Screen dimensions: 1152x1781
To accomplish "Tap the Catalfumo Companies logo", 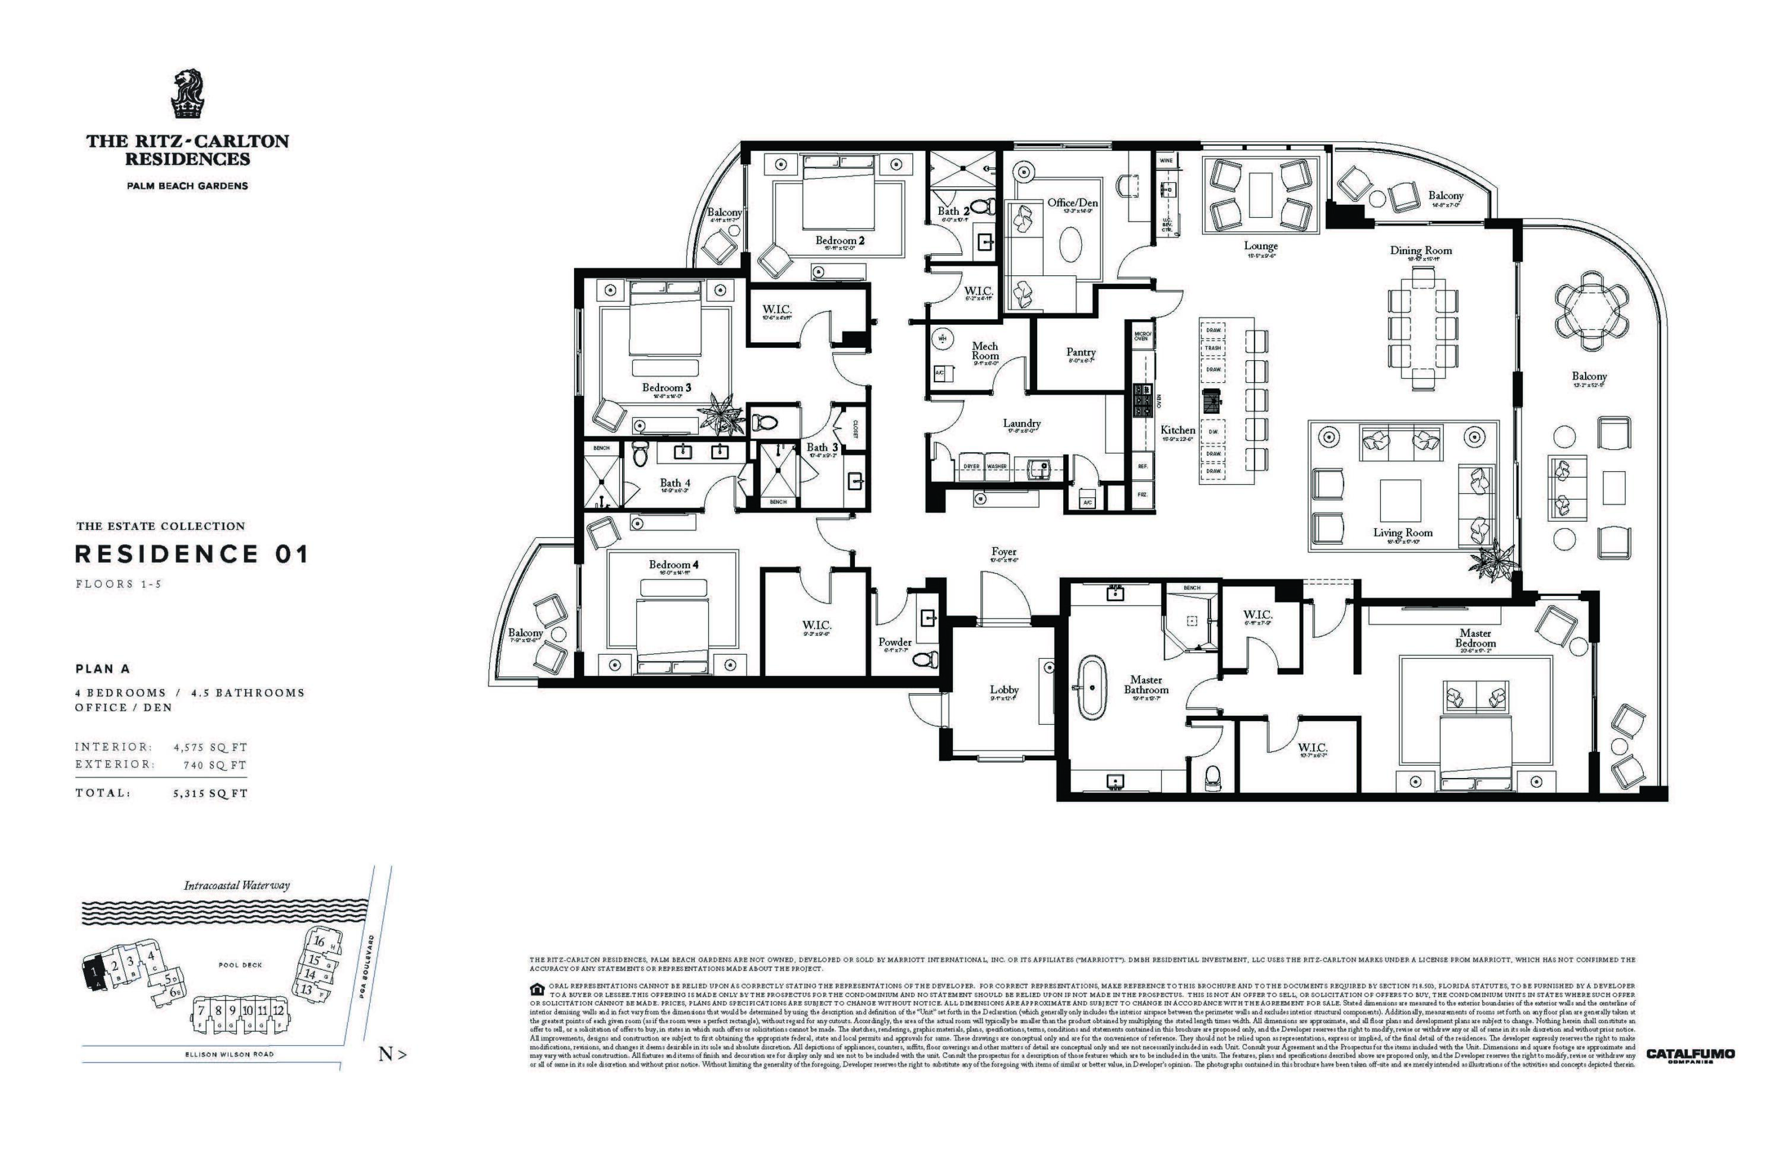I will pos(1690,1055).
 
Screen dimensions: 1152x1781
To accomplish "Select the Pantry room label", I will pos(1080,353).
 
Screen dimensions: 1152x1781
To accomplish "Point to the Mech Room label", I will pos(985,351).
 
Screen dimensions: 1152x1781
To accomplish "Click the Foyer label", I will pos(1003,551).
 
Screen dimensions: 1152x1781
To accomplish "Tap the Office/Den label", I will pos(1072,203).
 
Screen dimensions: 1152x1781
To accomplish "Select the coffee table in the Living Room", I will pos(1399,500).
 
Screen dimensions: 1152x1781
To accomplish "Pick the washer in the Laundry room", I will pos(997,466).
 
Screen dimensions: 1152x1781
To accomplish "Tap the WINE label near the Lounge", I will pos(1166,161).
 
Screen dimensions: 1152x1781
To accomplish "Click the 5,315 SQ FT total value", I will pos(210,794).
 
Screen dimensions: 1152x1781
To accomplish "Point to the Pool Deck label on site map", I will pos(240,965).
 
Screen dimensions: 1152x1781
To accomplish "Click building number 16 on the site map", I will pos(319,941).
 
